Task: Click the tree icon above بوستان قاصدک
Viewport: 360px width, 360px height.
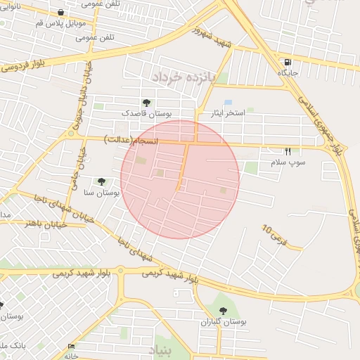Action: click(146, 103)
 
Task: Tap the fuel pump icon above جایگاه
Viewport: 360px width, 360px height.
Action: click(288, 63)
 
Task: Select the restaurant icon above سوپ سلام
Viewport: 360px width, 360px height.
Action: click(288, 152)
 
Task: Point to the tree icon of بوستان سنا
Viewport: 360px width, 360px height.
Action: click(101, 181)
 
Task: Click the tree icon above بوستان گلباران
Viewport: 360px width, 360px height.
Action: click(223, 311)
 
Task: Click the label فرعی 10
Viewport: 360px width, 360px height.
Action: click(275, 235)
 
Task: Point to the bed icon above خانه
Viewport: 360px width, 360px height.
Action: click(71, 347)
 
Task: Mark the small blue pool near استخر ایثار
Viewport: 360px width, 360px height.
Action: click(228, 102)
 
